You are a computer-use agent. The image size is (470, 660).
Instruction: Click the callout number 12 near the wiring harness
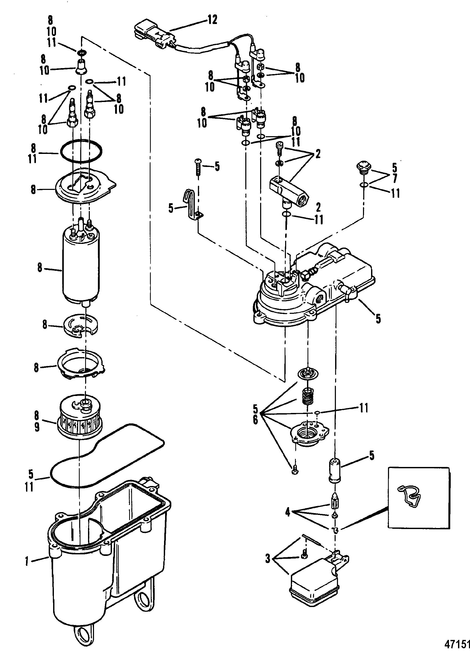(212, 20)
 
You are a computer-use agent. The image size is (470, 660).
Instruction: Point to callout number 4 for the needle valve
(287, 512)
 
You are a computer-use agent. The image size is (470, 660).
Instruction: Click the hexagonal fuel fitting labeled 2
(289, 191)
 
